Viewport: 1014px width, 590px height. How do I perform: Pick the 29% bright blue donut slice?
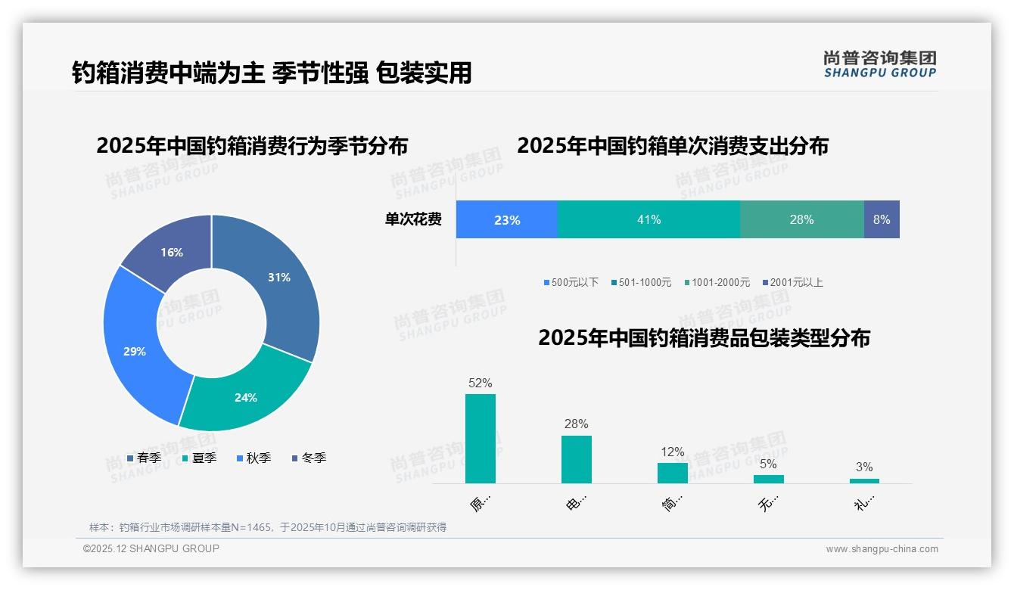coord(136,351)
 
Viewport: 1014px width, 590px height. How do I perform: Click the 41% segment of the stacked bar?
coord(649,219)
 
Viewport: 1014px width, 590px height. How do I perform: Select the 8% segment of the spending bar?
coord(882,219)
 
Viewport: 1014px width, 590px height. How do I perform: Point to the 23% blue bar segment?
coord(507,219)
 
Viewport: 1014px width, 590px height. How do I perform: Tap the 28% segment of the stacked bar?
coord(801,219)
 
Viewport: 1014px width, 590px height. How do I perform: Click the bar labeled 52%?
coord(480,438)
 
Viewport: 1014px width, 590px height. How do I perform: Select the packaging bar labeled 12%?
coord(672,473)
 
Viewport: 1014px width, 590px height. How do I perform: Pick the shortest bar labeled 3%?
coord(864,480)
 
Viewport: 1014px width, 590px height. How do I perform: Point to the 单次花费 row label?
coord(413,219)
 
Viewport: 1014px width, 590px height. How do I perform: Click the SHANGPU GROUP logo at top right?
coord(879,64)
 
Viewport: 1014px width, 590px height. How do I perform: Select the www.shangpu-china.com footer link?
coord(882,549)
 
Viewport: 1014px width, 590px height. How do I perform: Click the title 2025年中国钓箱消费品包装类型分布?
coord(704,338)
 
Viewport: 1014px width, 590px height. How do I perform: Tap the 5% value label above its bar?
coord(768,464)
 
